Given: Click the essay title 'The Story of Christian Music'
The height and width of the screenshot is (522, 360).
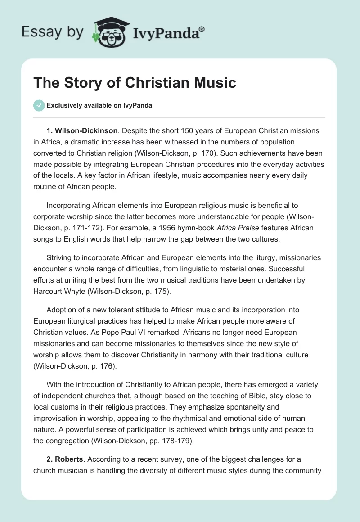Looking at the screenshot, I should pos(135,83).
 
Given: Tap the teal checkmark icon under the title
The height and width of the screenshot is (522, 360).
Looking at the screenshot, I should pos(39,105).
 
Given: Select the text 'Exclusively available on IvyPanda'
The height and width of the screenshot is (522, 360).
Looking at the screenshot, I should pos(99,106).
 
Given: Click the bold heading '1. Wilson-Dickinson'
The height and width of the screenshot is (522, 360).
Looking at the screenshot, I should pos(81,131).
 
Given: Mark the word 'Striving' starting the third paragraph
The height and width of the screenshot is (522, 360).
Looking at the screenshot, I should pos(60,258).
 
